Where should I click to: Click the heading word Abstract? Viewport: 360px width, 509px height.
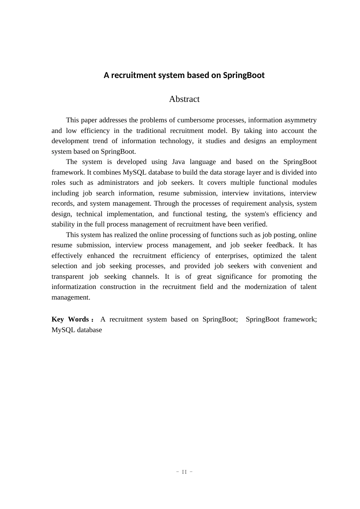(184, 99)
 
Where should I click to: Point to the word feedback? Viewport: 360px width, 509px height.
(280, 245)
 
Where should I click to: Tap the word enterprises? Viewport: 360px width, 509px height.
(232, 256)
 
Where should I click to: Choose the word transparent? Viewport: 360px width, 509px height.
(67, 276)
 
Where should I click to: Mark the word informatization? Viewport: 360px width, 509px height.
(74, 287)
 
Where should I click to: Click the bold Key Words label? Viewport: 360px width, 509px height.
(71, 320)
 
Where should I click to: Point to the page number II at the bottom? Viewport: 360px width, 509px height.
(185, 472)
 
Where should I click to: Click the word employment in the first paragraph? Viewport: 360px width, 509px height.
(299, 141)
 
